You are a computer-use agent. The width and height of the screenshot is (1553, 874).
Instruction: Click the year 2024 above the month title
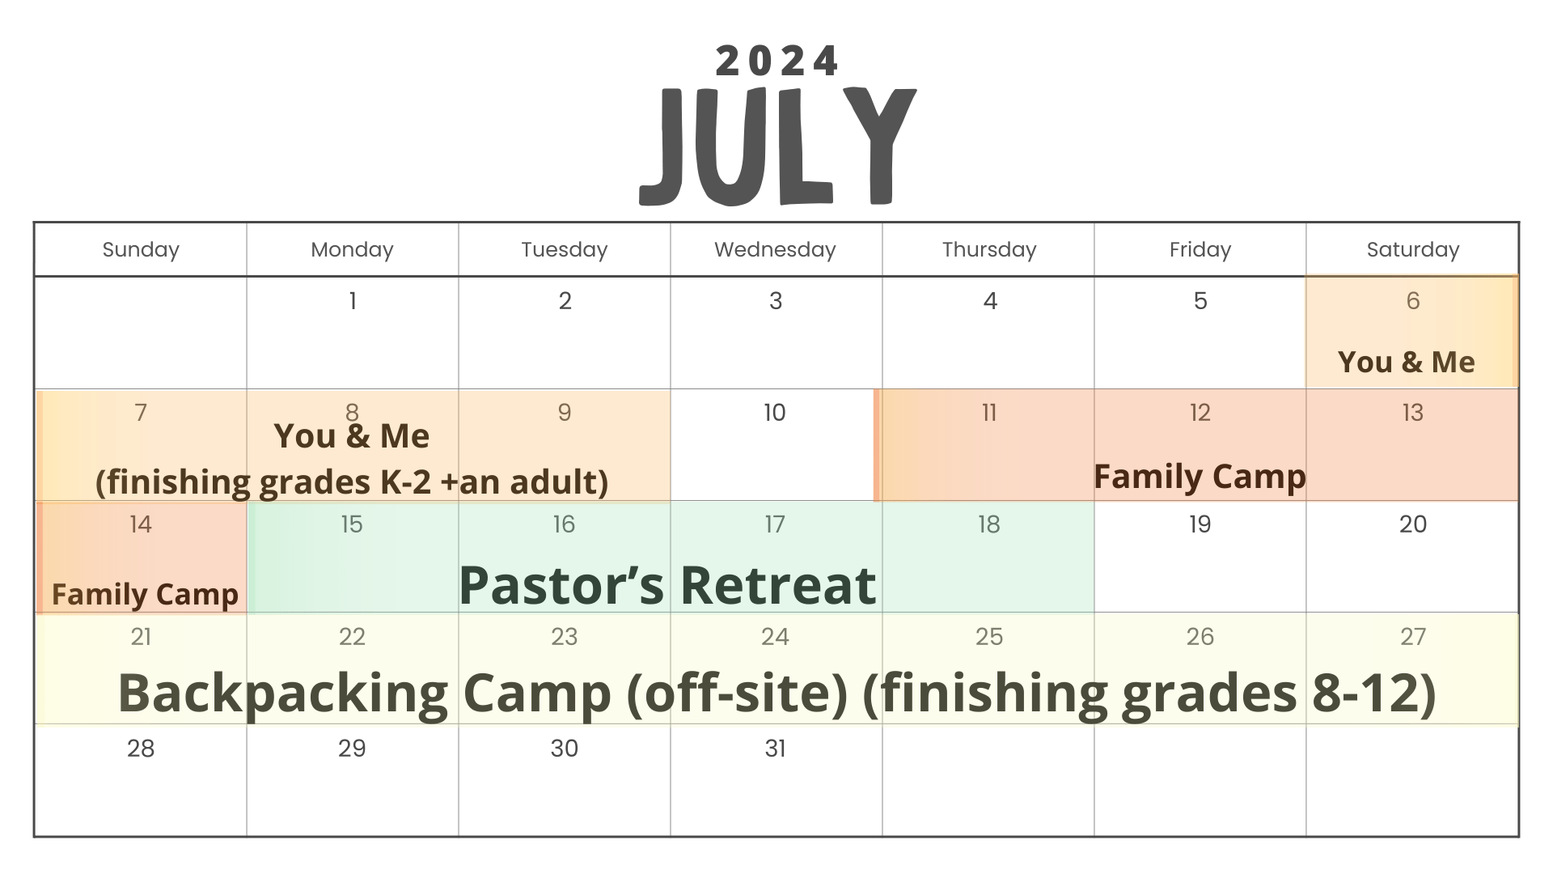click(776, 62)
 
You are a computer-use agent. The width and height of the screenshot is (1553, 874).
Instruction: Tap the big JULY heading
click(777, 146)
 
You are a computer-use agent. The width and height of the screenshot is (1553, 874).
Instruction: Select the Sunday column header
click(141, 250)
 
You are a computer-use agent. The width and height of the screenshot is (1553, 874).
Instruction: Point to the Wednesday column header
click(775, 250)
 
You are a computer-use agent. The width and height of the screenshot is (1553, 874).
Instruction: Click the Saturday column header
click(1413, 250)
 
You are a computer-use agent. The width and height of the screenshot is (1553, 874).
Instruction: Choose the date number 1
click(353, 301)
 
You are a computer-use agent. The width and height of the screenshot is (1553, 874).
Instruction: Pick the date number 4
click(990, 301)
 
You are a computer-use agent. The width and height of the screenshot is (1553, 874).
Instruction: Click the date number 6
click(1413, 301)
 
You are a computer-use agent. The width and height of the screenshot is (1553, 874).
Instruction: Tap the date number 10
click(775, 413)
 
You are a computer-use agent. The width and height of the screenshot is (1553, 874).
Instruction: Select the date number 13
click(1413, 413)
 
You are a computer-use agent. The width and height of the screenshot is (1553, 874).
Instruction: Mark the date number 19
click(1200, 524)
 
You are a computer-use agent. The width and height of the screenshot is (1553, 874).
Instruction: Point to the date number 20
click(1413, 524)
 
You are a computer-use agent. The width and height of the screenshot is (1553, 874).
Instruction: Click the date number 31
click(775, 749)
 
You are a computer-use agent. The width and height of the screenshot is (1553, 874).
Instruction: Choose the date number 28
click(141, 749)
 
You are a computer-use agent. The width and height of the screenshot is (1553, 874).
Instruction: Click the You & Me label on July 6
click(1407, 362)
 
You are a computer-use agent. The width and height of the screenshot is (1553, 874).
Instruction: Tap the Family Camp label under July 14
click(145, 595)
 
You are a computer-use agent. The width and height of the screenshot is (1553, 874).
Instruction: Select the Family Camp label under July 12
click(1200, 477)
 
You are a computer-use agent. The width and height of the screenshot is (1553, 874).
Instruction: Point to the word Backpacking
click(283, 694)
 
